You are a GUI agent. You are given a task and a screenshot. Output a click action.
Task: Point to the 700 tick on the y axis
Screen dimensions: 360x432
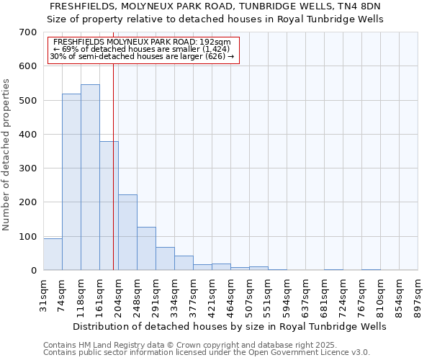tap(28, 32)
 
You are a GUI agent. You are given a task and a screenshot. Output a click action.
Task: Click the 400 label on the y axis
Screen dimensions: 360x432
tap(28, 135)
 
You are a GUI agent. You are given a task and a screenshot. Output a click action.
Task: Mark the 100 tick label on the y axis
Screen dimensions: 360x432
tap(28, 237)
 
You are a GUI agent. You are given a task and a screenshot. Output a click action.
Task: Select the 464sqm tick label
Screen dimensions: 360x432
tap(230, 297)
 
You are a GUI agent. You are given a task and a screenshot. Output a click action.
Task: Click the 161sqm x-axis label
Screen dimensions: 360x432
tap(99, 297)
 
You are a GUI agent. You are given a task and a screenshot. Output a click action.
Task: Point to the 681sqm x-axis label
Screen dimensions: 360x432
tap(324, 297)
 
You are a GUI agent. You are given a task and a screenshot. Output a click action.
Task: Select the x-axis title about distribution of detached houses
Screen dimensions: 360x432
tap(230, 326)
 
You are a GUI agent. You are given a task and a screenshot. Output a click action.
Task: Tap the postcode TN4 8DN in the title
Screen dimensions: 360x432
tap(356, 6)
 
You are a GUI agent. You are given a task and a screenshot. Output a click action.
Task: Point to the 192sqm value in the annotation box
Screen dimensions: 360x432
tap(217, 42)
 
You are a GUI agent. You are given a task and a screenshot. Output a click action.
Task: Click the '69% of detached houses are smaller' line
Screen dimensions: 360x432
tap(141, 49)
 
